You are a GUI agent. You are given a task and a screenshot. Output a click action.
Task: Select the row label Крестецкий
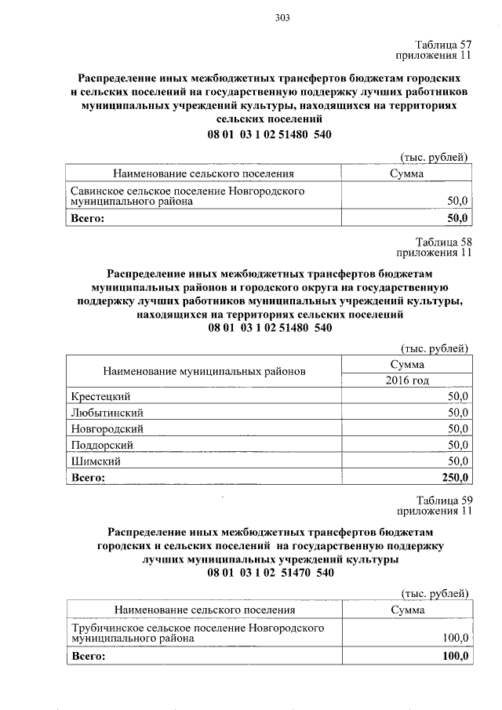(100, 395)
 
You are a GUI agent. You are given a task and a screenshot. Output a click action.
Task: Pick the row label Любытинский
(107, 412)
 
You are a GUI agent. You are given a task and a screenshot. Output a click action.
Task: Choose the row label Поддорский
(101, 445)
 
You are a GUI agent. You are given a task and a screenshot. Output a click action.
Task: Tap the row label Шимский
(95, 461)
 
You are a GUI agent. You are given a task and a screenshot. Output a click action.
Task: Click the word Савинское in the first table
(97, 191)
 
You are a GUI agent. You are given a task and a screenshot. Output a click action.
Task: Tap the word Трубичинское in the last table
(108, 628)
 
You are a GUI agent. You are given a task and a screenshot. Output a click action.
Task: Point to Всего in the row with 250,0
(87, 477)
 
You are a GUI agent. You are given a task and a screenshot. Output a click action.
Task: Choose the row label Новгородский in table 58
(107, 428)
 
